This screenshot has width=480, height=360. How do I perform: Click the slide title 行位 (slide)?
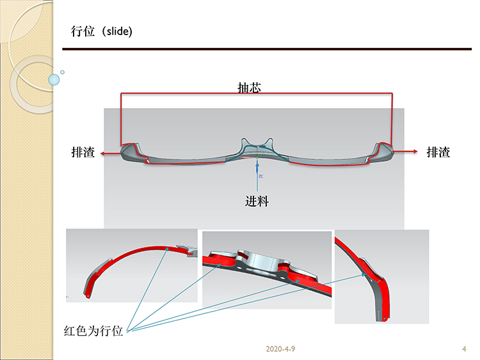coord(102,31)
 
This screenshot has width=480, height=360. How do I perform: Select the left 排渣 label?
coord(83,152)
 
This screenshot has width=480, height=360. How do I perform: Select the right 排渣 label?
coord(438,152)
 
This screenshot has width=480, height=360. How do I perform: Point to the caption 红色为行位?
coord(93,331)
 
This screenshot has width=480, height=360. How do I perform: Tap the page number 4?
coord(463,349)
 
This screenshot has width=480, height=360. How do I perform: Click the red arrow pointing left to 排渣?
coord(110,152)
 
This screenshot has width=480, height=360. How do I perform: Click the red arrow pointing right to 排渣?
coord(406,152)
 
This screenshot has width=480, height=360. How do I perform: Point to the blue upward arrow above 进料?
coord(257,174)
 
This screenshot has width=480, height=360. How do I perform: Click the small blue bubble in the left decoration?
coord(54,79)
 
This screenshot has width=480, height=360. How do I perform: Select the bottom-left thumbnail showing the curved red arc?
coord(132,265)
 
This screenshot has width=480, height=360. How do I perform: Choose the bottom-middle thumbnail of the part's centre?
coord(266,263)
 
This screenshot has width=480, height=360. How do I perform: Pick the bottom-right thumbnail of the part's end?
coord(381,277)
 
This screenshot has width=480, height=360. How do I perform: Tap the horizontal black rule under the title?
coord(266,49)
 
